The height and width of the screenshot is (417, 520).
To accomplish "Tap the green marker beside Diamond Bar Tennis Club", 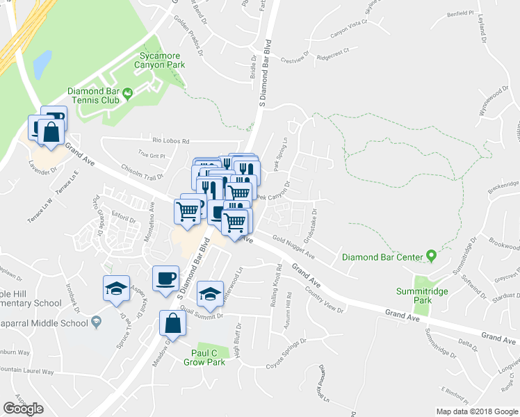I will coord(128,93).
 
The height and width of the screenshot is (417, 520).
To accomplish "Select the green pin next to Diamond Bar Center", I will coord(431,257).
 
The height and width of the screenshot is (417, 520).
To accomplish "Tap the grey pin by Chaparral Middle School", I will coord(96,322).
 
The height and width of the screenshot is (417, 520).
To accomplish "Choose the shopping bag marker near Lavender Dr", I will coord(51,132).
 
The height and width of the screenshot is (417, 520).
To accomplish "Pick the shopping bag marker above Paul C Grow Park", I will coord(171,324).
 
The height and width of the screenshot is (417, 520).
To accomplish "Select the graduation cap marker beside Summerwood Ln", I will coord(209,293).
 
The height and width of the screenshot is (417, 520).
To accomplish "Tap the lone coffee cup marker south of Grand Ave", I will coord(165,279).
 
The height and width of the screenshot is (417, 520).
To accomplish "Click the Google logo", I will coord(24,409).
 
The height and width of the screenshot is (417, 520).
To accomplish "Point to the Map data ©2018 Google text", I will coord(476,411).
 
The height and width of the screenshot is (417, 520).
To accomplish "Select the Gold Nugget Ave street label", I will coord(294,247).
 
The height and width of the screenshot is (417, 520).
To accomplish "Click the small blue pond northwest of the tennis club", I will coord(42,63).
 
